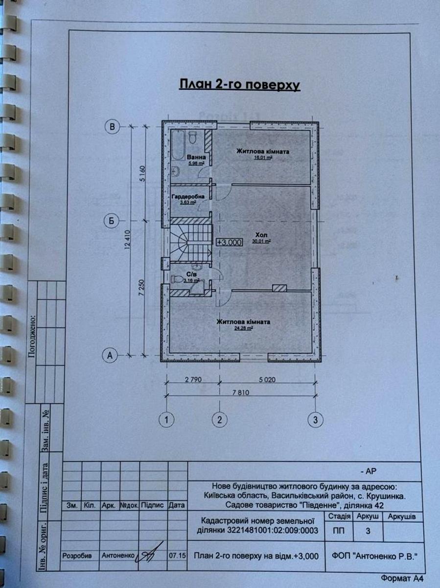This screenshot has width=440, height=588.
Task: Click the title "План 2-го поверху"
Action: pyautogui.click(x=239, y=84)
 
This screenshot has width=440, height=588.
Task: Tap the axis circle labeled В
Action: pyautogui.click(x=113, y=127)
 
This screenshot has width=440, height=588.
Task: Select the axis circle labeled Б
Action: pyautogui.click(x=112, y=221)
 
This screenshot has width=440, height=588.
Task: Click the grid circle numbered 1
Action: pyautogui.click(x=167, y=419)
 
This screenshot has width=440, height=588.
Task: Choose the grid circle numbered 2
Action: pyautogui.click(x=220, y=419)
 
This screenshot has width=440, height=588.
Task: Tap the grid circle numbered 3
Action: pyautogui.click(x=316, y=419)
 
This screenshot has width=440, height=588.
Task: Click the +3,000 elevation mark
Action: pyautogui.click(x=230, y=242)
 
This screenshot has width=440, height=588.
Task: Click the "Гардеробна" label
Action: pyautogui.click(x=188, y=196)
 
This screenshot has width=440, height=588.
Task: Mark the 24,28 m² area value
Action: pyautogui.click(x=244, y=329)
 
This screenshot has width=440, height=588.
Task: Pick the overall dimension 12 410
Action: pyautogui.click(x=128, y=241)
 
